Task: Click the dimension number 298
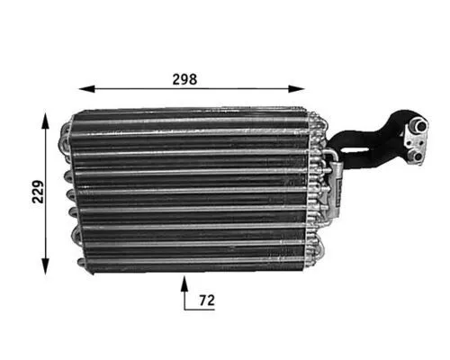(184, 78)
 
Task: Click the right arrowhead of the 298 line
(301, 89)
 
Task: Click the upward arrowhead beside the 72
(185, 283)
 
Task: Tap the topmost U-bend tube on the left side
(65, 136)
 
